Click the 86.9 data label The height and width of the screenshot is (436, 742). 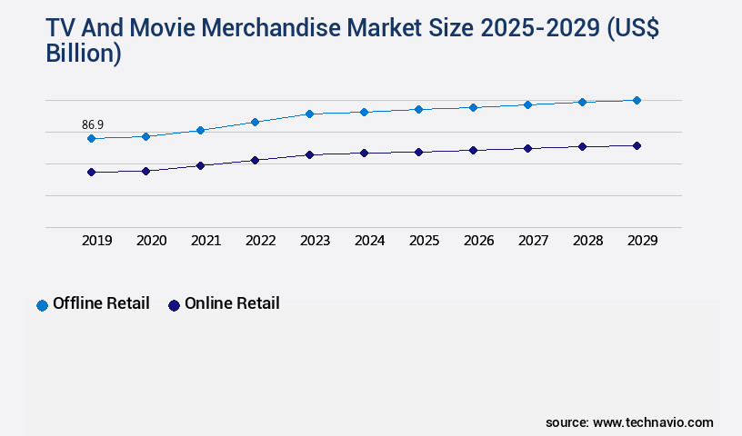pyautogui.click(x=92, y=124)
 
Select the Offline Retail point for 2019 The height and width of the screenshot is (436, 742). pyautogui.click(x=91, y=139)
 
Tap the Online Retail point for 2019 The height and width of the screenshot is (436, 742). pyautogui.click(x=91, y=172)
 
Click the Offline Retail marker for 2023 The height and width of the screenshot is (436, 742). pyautogui.click(x=309, y=114)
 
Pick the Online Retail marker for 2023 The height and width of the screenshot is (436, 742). pyautogui.click(x=309, y=154)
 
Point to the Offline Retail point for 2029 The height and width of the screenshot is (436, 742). pyautogui.click(x=637, y=100)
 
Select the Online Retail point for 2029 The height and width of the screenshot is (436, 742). pyautogui.click(x=637, y=145)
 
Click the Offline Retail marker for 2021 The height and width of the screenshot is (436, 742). pyautogui.click(x=200, y=130)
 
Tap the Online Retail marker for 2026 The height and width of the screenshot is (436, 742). pyautogui.click(x=473, y=150)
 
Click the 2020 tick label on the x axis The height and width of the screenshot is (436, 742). pyautogui.click(x=151, y=241)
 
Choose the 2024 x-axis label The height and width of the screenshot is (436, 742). pyautogui.click(x=369, y=241)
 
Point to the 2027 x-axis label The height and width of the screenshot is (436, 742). pyautogui.click(x=533, y=241)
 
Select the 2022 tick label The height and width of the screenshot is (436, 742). pyautogui.click(x=260, y=241)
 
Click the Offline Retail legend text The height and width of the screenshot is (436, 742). pyautogui.click(x=101, y=304)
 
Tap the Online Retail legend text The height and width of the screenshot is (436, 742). pyautogui.click(x=232, y=304)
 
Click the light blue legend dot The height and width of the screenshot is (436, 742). pyautogui.click(x=42, y=305)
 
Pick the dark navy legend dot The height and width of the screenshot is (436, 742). pyautogui.click(x=174, y=305)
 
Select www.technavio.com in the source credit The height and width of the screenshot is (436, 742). pyautogui.click(x=653, y=422)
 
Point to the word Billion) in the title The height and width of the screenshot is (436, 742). pyautogui.click(x=83, y=54)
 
